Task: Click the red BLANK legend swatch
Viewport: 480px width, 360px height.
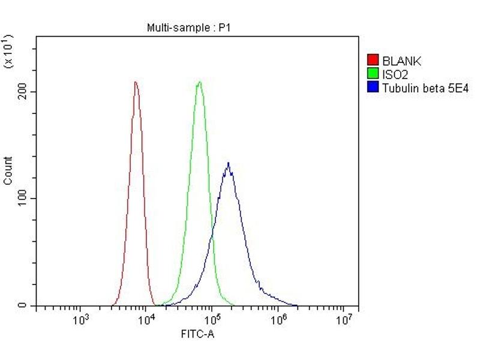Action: [373, 61]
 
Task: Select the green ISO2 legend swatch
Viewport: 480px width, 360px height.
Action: [373, 74]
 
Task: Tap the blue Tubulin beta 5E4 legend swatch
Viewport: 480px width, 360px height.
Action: [373, 88]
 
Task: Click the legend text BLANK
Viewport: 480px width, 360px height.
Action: [401, 61]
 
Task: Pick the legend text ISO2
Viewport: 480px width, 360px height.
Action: [395, 74]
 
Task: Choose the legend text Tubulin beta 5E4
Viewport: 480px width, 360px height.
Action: [425, 88]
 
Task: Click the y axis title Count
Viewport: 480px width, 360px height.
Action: [8, 170]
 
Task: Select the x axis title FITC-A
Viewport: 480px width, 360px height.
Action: [197, 333]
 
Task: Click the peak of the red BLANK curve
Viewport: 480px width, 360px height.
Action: [136, 82]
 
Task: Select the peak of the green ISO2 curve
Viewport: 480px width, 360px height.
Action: [199, 82]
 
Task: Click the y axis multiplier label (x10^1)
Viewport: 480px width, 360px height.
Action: [8, 52]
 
